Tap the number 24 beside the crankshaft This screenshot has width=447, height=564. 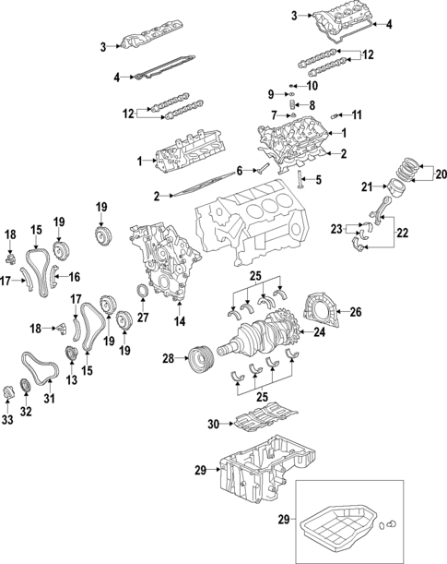point(319,331)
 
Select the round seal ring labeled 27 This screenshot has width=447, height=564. point(142,294)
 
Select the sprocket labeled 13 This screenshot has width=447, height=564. point(70,356)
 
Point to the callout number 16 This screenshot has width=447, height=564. point(75,276)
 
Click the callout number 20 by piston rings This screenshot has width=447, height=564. point(440,173)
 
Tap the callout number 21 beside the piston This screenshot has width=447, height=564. point(366,188)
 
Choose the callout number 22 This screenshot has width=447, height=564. point(403,234)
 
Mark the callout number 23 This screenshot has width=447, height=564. point(336,228)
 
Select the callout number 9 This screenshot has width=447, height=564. point(271,94)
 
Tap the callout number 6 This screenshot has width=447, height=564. point(239,171)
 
